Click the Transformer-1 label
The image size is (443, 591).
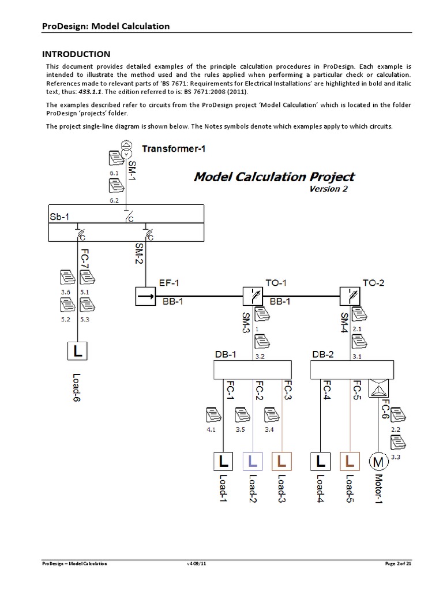tap(174, 148)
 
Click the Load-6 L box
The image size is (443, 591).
tap(77, 350)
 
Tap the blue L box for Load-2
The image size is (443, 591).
tap(253, 461)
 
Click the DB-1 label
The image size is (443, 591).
tap(226, 355)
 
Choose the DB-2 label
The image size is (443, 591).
tap(322, 355)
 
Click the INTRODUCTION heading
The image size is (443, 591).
tap(76, 54)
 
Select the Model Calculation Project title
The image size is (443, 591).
tap(274, 177)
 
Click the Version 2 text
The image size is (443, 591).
tap(328, 189)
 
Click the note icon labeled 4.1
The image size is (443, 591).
tap(212, 415)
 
